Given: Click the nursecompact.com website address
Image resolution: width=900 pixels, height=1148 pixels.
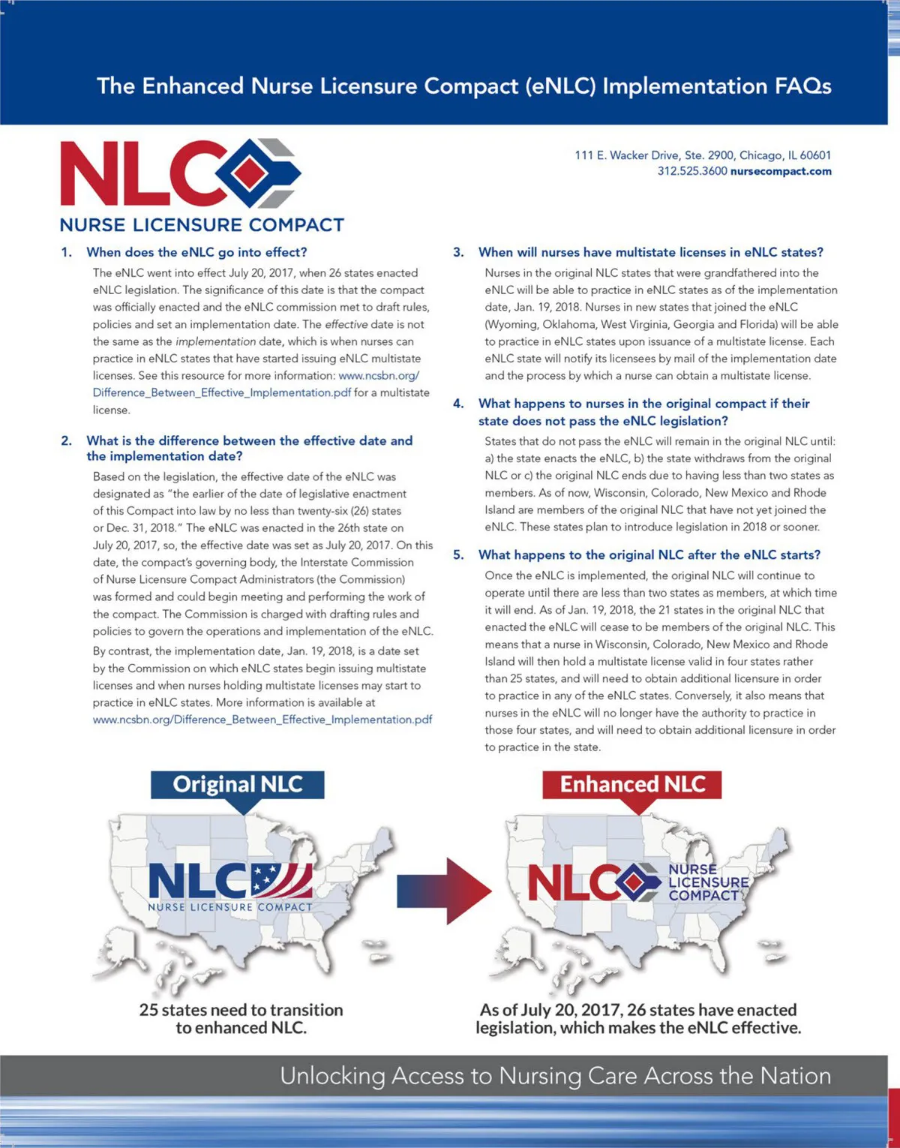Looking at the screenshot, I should tap(781, 171).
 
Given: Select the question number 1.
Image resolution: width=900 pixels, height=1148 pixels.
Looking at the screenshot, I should tap(67, 252).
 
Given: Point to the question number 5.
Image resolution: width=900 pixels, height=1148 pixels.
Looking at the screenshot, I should tap(458, 555).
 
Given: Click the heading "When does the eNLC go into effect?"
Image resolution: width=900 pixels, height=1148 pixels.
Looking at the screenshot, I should tap(196, 252).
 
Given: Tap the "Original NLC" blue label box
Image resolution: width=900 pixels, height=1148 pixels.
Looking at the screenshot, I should tap(238, 785).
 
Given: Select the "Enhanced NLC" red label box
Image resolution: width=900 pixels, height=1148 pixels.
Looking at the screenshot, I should tap(632, 785).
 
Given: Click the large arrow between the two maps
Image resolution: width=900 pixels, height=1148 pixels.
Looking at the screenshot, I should tap(445, 891).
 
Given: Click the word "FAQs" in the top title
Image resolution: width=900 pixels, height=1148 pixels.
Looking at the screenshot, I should tap(803, 86).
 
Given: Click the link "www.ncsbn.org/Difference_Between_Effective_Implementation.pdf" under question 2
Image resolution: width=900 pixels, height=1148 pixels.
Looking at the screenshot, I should tap(262, 720).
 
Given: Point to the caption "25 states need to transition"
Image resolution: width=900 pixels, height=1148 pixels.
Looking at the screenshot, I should tap(241, 1010).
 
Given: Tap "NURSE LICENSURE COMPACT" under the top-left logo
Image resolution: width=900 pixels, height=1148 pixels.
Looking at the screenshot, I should tap(202, 225).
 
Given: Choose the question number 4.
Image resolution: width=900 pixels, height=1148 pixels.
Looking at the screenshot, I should tap(458, 404).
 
